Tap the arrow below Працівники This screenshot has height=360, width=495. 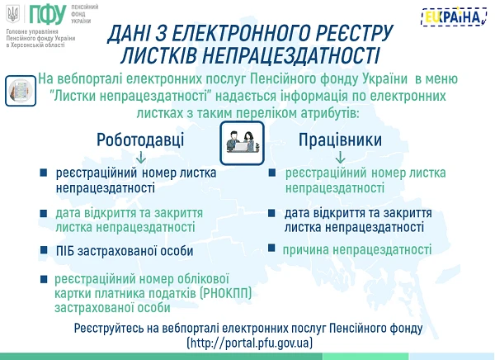point(340,157)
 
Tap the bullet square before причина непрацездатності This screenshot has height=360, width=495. point(271,249)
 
